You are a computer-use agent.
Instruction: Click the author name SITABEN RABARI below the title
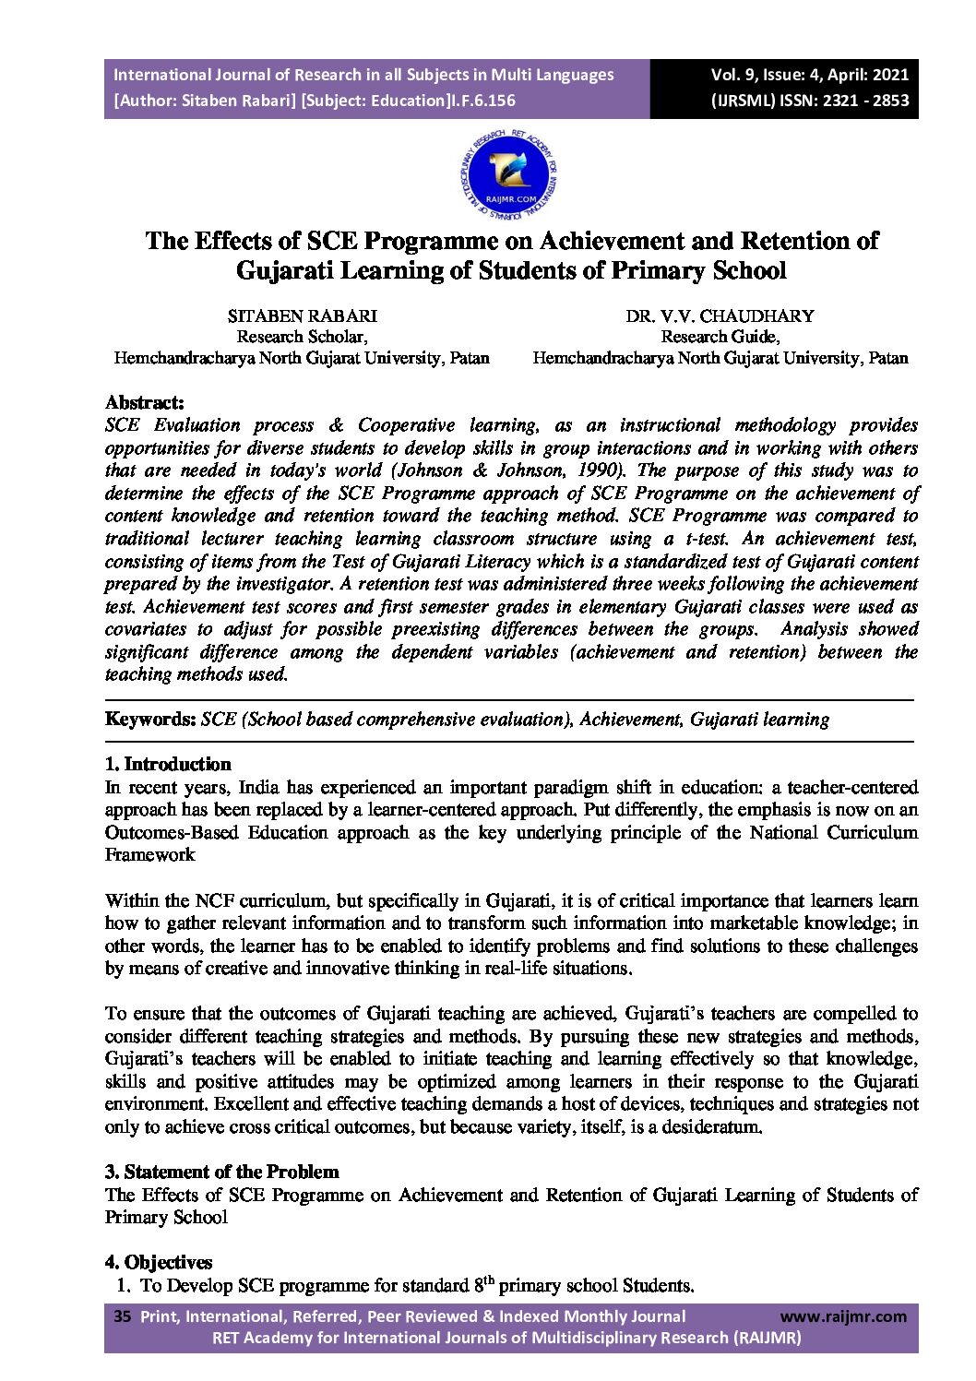pos(302,316)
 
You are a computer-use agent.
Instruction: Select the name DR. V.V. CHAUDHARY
pos(720,316)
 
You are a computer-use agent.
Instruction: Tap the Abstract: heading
pos(145,402)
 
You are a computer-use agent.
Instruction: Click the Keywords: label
pos(150,720)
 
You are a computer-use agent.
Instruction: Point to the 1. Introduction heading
pos(168,764)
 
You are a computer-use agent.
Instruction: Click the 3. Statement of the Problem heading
pos(221,1172)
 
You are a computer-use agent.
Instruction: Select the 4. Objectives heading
pos(159,1262)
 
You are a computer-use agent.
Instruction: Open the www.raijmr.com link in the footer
pos(843,1316)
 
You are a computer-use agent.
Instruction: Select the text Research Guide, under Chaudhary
pos(720,337)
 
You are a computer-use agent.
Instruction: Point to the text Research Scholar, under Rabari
pos(302,337)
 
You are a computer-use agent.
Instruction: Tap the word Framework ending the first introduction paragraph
pos(149,855)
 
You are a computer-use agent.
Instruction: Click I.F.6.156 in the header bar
pos(482,101)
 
